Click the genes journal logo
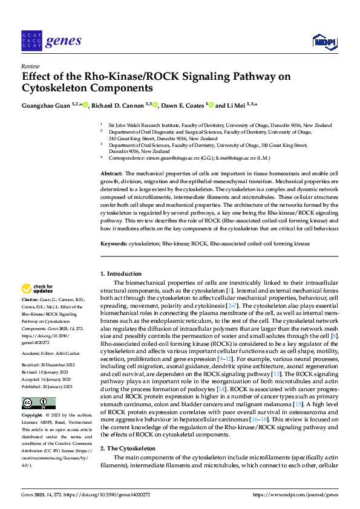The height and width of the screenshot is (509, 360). point(51,41)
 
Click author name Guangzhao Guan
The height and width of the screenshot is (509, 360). point(45,105)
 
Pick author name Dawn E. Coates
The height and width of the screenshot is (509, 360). point(182,105)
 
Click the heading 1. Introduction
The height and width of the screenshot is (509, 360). point(120,274)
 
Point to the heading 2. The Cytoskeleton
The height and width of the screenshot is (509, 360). point(128,449)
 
